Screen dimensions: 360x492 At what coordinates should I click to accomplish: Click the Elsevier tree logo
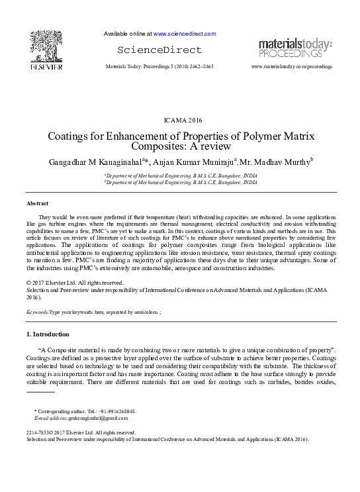[x=46, y=46]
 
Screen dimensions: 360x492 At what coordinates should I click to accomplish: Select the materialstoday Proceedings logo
[x=295, y=48]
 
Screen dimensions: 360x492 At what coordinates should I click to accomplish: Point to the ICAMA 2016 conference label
[x=180, y=121]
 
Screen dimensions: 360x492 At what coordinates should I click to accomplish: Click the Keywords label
[x=36, y=311]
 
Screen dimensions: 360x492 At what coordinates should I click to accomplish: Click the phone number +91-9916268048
[x=117, y=411]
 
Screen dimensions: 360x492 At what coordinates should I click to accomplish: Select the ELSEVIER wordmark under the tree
[x=46, y=67]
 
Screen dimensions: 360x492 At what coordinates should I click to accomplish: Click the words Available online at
[x=128, y=33]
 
